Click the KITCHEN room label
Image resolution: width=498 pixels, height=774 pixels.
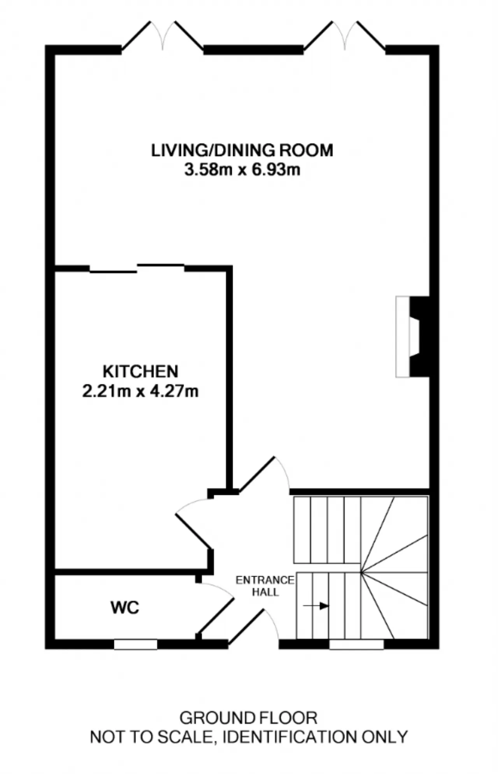[140, 372]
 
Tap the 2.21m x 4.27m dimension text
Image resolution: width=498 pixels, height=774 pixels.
[140, 391]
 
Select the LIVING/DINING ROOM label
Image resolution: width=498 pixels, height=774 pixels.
[242, 151]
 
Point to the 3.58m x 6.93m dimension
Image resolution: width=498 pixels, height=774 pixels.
[242, 170]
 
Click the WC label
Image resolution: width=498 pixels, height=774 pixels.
[125, 607]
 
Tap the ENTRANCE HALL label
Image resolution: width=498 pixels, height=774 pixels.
[265, 586]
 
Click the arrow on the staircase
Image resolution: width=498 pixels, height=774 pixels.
[316, 606]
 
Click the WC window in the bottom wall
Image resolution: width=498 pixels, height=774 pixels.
[135, 644]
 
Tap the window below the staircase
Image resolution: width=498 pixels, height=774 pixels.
[356, 644]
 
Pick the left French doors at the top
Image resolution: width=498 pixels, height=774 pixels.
[163, 36]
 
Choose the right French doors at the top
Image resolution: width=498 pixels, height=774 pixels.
[345, 36]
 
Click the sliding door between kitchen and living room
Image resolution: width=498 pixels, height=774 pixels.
[137, 268]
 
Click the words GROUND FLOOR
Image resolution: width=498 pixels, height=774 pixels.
[248, 718]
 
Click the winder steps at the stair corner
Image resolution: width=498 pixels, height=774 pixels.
[394, 572]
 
